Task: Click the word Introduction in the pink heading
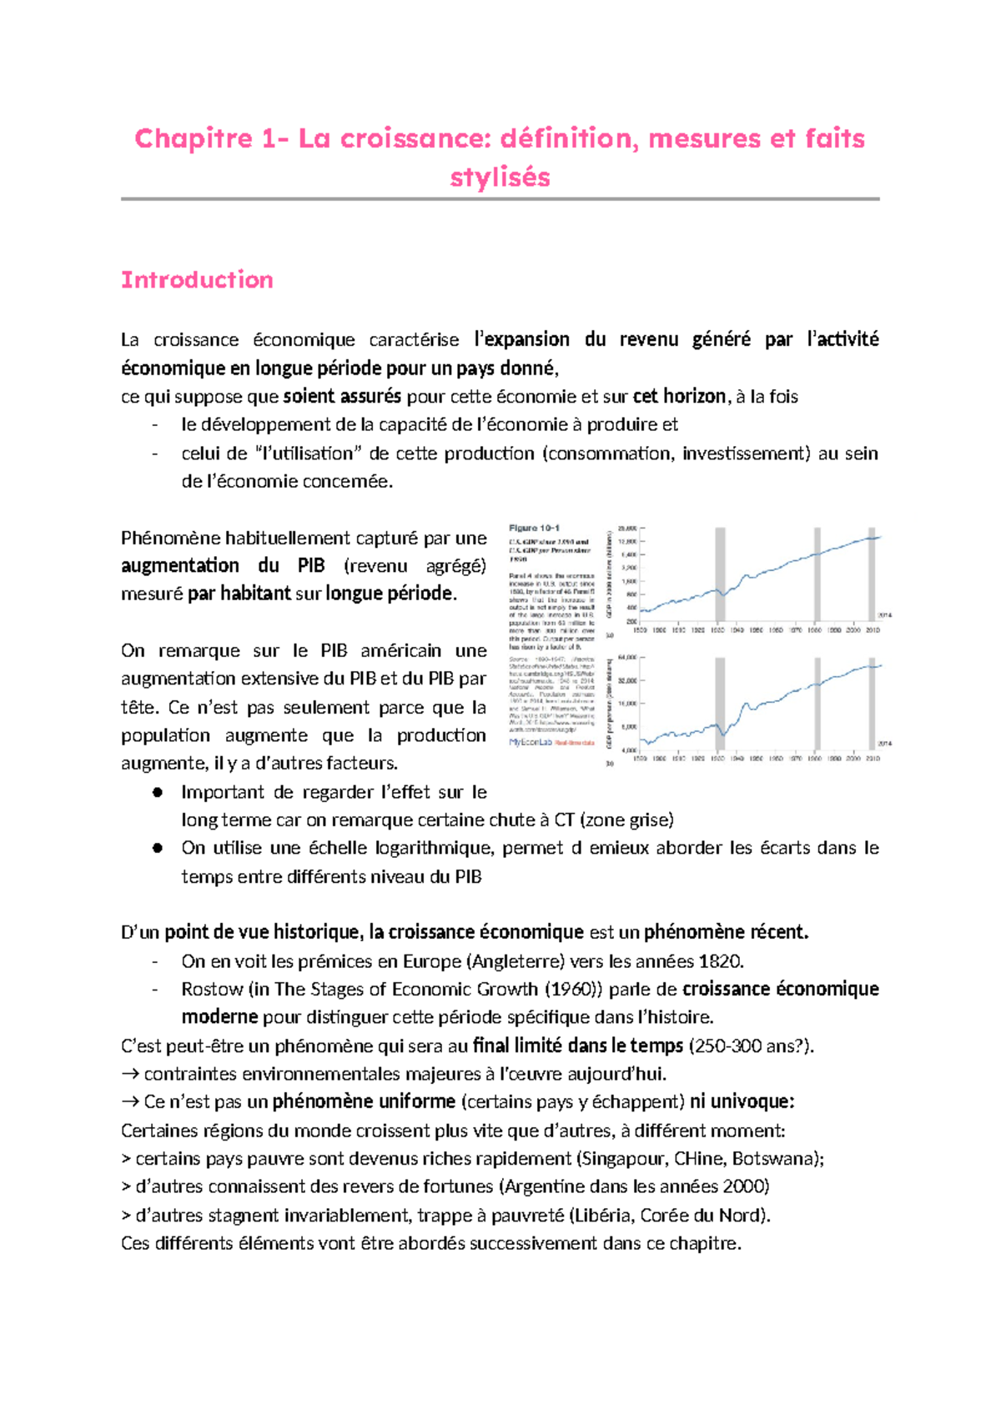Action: pyautogui.click(x=197, y=280)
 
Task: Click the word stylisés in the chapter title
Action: pyautogui.click(x=500, y=178)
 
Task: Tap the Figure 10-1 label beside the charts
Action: pyautogui.click(x=534, y=528)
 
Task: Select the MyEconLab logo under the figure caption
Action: pyautogui.click(x=531, y=742)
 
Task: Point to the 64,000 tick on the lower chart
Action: pyautogui.click(x=627, y=657)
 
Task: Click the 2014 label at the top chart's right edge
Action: pyautogui.click(x=883, y=614)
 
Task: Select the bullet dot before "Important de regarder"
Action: pyautogui.click(x=156, y=792)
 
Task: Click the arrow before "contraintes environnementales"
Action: pyautogui.click(x=129, y=1074)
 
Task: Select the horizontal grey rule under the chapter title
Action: pyautogui.click(x=500, y=199)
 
